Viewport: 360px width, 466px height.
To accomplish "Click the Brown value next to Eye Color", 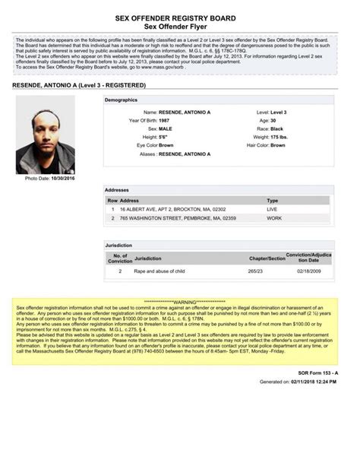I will (x=166, y=144).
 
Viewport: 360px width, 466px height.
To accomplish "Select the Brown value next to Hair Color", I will (x=278, y=144).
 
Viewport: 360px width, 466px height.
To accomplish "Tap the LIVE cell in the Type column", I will (x=272, y=208).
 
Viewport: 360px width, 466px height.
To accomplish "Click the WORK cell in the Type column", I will (x=273, y=218).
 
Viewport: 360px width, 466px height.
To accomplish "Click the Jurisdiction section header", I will (x=118, y=246).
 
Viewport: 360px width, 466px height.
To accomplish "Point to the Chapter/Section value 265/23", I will (x=256, y=271).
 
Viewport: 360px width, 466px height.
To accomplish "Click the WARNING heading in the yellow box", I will (x=180, y=302).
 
